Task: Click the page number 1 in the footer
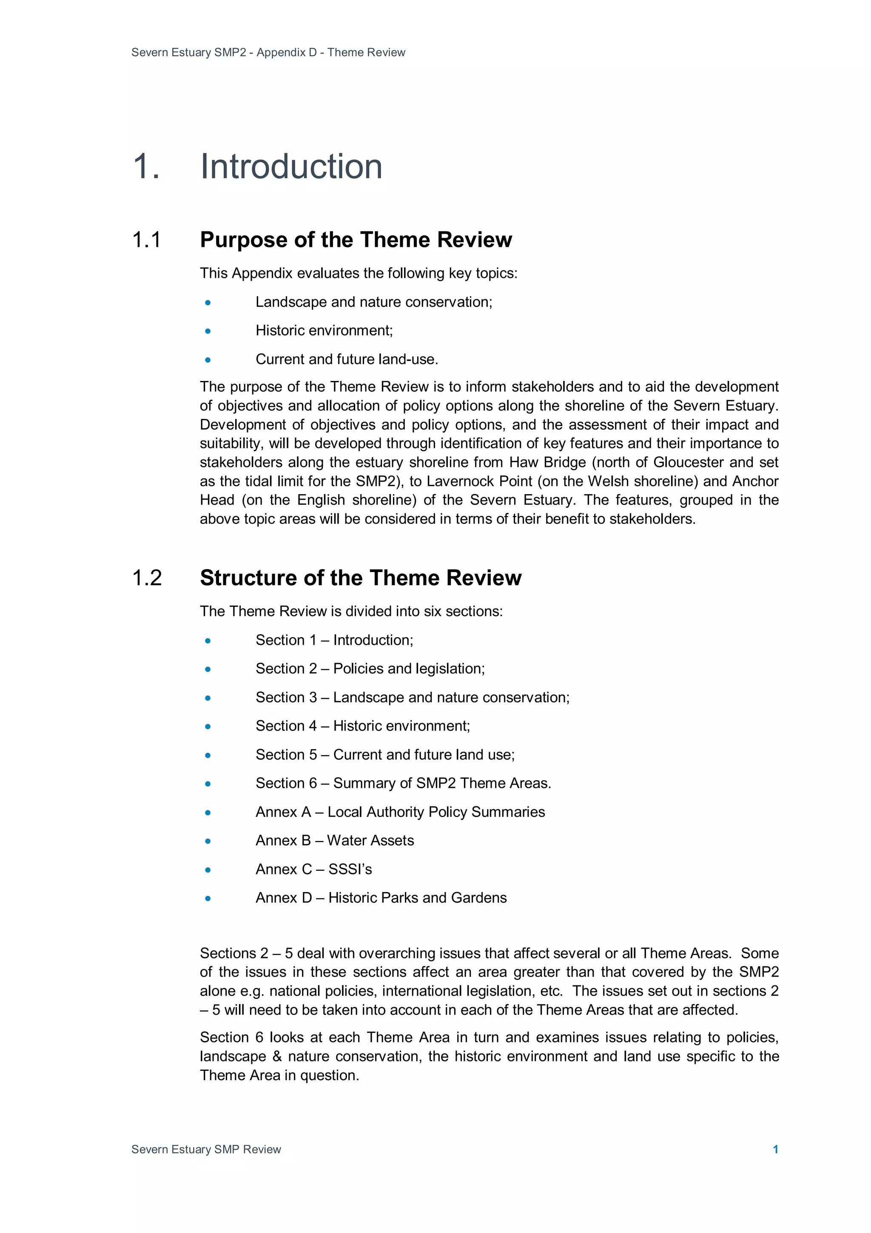pos(775,1149)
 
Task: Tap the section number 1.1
pos(146,240)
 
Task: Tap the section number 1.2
pos(146,578)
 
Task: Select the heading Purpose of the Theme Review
pos(356,240)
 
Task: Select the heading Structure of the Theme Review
pos(360,578)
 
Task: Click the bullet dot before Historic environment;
pos(208,332)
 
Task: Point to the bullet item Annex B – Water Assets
pos(334,841)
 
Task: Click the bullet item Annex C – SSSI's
pos(313,869)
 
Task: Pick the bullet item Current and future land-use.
pos(347,359)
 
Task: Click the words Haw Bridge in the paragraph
pos(547,462)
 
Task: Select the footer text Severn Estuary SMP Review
pos(206,1149)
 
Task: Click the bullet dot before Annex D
pos(208,898)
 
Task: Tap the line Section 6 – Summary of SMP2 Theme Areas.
pos(403,783)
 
